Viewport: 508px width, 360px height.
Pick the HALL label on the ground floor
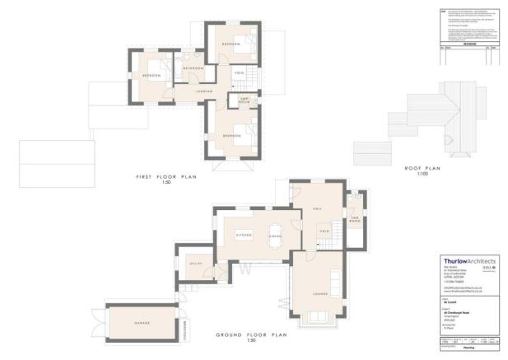tap(318, 209)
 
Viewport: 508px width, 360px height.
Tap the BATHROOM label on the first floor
tap(193, 68)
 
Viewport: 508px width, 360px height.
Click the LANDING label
tap(204, 91)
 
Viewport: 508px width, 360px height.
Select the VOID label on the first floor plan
tap(239, 75)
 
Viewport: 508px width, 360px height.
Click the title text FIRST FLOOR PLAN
tap(167, 177)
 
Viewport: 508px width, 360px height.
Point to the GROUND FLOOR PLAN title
tap(251, 335)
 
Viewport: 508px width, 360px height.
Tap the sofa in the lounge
tap(315, 317)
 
